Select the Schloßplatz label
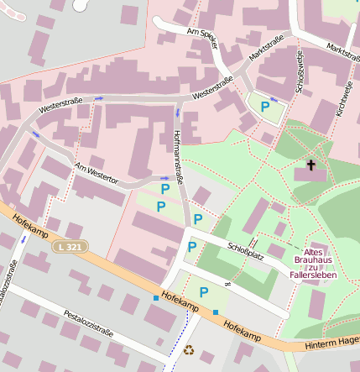pyautogui.click(x=246, y=250)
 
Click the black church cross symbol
pyautogui.click(x=311, y=165)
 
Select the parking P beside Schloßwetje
pyautogui.click(x=265, y=107)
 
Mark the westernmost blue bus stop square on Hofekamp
pyautogui.click(x=155, y=297)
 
